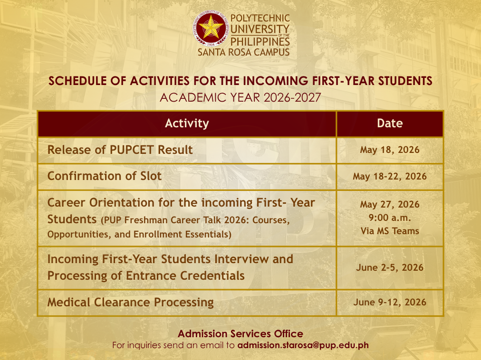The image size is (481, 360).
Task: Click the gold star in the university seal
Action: pos(211,28)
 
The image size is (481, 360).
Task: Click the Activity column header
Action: pos(187,123)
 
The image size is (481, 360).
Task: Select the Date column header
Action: pos(390,123)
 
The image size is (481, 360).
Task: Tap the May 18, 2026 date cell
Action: pos(390,150)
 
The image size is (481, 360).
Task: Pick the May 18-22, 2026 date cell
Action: pos(390,176)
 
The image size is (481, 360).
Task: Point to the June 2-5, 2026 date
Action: pos(390,267)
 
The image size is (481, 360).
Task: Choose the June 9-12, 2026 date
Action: pos(390,303)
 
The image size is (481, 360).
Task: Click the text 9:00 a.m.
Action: pos(390,218)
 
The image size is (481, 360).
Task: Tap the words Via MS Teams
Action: pos(390,231)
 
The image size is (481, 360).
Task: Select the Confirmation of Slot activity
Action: pos(104,176)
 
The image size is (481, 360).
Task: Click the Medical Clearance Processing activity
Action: pos(130,303)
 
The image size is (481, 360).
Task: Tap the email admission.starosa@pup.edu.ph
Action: pos(303,345)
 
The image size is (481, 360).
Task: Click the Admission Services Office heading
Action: pos(240,333)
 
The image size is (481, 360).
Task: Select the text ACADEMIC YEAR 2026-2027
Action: pos(240,97)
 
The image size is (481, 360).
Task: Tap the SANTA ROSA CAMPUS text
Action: pos(243,52)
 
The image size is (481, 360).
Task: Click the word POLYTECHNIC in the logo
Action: pos(260,19)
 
